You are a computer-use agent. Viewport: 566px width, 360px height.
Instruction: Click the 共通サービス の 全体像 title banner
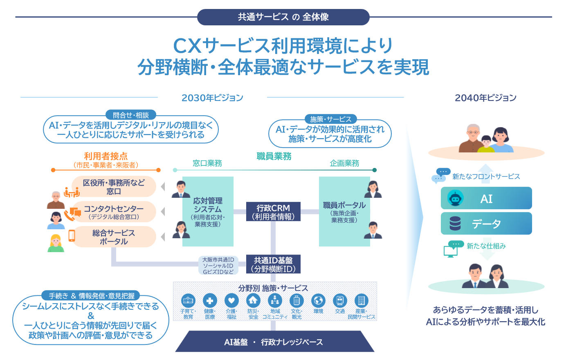point(283,17)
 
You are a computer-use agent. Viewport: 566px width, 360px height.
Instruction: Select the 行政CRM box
point(273,212)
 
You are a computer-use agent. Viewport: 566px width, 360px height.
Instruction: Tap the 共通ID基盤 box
point(273,264)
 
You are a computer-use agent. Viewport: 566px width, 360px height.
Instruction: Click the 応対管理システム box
point(208,212)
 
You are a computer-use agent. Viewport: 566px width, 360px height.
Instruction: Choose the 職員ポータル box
point(344,212)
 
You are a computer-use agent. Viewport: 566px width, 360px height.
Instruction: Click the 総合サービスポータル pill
point(114,237)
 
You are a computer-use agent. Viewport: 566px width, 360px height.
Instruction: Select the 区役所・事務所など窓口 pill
point(114,187)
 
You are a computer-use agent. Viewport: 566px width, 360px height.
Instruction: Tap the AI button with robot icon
point(486,198)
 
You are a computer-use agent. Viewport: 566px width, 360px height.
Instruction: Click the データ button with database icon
point(486,224)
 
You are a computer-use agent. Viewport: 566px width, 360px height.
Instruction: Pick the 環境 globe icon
point(318,301)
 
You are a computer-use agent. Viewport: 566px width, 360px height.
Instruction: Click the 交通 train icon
point(340,301)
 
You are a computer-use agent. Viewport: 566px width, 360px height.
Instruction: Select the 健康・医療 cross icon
point(210,301)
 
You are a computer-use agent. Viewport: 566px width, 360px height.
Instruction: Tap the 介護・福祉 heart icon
point(231,301)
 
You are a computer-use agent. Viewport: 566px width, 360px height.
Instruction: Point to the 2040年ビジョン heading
point(485,98)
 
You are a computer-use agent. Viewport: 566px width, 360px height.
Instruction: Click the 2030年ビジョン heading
point(212,98)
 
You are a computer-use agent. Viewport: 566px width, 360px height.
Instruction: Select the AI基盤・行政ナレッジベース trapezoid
point(274,342)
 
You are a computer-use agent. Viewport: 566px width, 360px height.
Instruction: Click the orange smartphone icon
point(72,235)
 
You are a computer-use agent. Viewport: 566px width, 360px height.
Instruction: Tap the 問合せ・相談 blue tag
point(131,115)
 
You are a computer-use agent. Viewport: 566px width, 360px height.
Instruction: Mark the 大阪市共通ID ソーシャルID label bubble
point(218,266)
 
